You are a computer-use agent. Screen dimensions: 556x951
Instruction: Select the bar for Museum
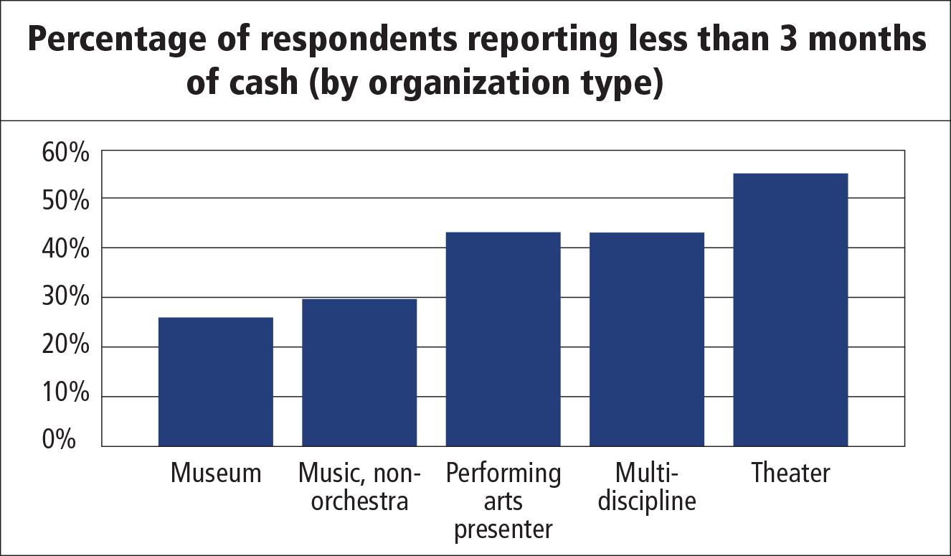pyautogui.click(x=215, y=381)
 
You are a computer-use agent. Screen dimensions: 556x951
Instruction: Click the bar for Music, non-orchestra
pyautogui.click(x=359, y=372)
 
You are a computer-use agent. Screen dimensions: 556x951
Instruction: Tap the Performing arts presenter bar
pyautogui.click(x=503, y=339)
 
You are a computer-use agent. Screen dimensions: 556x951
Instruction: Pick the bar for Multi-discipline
pyautogui.click(x=647, y=339)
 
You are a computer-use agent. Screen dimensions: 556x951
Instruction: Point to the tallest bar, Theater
pyautogui.click(x=790, y=309)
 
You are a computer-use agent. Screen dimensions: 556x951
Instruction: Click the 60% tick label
pyautogui.click(x=65, y=153)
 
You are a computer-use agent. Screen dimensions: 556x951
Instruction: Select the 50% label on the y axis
pyautogui.click(x=65, y=201)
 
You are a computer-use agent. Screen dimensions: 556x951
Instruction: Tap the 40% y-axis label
pyautogui.click(x=65, y=250)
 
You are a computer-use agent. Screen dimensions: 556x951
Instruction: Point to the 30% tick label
pyautogui.click(x=65, y=298)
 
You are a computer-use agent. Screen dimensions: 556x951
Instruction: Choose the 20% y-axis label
pyautogui.click(x=65, y=347)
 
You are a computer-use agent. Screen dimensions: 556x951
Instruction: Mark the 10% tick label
pyautogui.click(x=65, y=395)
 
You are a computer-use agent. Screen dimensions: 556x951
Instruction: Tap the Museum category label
pyautogui.click(x=216, y=473)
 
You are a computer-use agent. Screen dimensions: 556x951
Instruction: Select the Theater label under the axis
pyautogui.click(x=790, y=473)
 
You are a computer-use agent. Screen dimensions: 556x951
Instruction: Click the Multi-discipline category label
pyautogui.click(x=647, y=487)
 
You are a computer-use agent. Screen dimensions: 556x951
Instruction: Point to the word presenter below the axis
pyautogui.click(x=503, y=529)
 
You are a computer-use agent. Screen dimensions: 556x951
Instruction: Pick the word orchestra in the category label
pyautogui.click(x=360, y=501)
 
